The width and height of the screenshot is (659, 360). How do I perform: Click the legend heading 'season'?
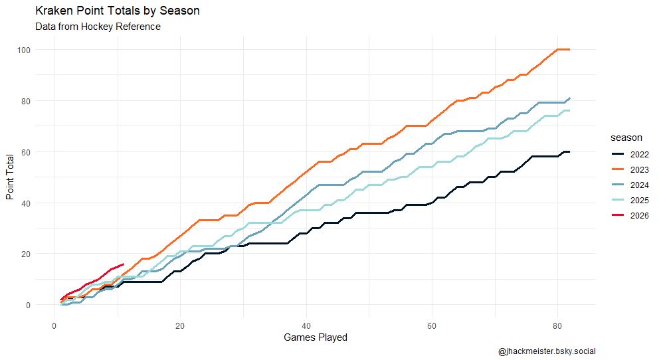pyautogui.click(x=626, y=137)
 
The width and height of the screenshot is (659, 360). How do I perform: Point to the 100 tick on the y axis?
pyautogui.click(x=24, y=50)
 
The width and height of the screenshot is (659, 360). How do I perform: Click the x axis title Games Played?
pyautogui.click(x=315, y=337)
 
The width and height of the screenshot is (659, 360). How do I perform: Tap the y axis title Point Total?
pyautogui.click(x=10, y=177)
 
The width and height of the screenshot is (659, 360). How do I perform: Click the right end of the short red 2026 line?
pyautogui.click(x=124, y=264)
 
